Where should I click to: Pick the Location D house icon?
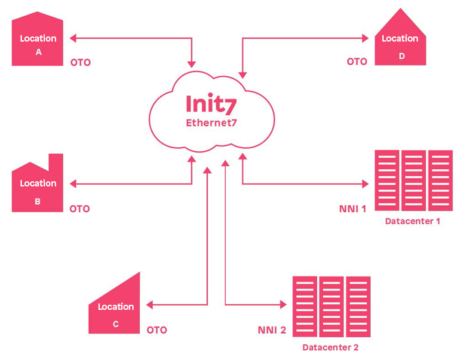point(400,45)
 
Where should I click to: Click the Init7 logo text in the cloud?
point(211,104)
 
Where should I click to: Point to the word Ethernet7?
point(211,123)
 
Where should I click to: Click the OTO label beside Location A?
point(80,63)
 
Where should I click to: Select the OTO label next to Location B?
point(80,209)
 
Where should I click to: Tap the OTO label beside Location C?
point(157,330)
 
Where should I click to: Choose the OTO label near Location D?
point(357,62)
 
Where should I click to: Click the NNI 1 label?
point(352,210)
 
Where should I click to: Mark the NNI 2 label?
point(272,330)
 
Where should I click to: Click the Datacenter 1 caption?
point(413,222)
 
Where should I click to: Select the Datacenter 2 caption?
point(331,347)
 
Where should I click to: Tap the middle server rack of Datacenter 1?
point(414,180)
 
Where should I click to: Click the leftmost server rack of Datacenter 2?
point(305,306)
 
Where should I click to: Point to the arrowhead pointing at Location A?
point(73,39)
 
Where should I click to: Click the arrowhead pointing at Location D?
point(365,39)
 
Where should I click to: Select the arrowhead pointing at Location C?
point(150,305)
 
